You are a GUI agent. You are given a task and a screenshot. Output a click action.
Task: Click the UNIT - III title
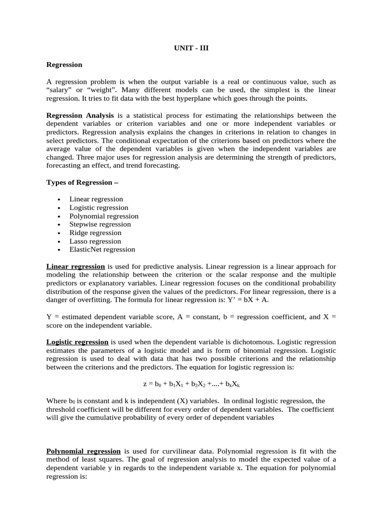[x=191, y=48]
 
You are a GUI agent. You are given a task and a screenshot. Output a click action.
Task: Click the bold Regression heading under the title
[x=64, y=64]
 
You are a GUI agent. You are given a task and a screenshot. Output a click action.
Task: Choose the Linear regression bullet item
[x=96, y=199]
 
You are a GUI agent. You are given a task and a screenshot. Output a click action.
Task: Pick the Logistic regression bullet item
[x=99, y=208]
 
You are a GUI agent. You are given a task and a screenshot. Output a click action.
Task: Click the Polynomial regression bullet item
[x=104, y=216]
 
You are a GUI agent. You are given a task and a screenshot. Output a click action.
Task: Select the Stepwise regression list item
[x=100, y=225]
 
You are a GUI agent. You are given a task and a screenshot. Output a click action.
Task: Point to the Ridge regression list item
[x=95, y=233]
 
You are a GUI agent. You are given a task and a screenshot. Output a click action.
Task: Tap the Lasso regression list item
[x=95, y=241]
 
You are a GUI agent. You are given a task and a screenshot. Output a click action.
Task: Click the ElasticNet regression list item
[x=102, y=250]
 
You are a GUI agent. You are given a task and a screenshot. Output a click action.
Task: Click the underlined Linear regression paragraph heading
[x=76, y=266]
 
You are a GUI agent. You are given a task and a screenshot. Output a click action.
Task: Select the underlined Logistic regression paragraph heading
[x=77, y=342]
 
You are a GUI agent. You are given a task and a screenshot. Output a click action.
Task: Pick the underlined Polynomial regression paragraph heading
[x=83, y=451]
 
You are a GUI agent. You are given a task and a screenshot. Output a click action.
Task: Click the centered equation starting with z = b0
[x=191, y=385]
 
